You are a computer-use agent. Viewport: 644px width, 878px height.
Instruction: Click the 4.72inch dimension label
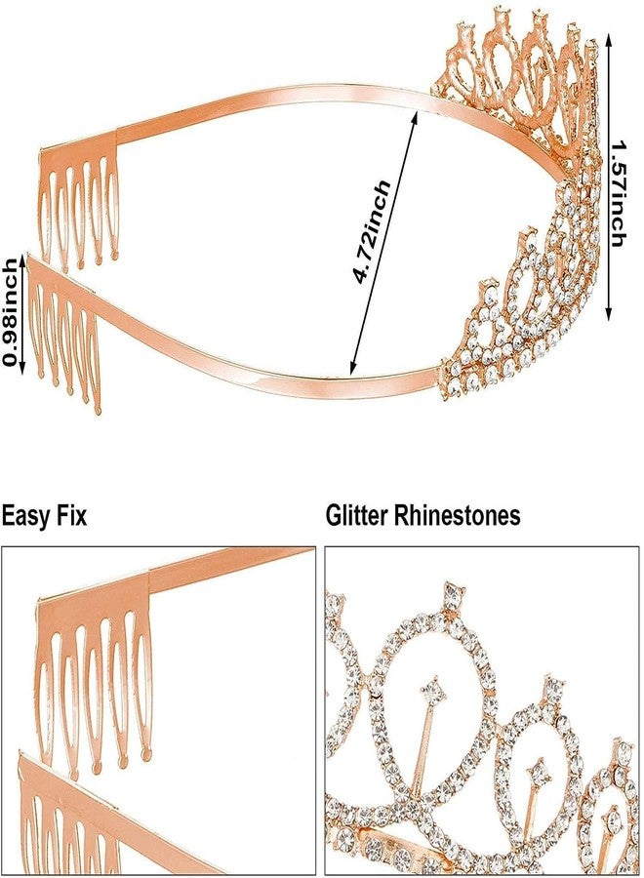372,231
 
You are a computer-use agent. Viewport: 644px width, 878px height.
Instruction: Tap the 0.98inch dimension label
10,312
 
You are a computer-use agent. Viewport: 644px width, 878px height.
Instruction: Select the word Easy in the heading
25,516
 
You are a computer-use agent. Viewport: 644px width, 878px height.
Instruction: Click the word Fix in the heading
71,515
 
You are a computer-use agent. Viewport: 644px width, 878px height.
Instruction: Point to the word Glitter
357,515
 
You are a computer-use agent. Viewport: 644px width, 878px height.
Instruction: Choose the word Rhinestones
458,515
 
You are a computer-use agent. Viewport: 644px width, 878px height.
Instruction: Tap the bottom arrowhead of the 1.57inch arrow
609,315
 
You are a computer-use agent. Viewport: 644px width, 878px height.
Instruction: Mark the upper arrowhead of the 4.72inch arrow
415,116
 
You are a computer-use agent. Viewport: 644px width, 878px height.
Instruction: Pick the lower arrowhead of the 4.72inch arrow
351,368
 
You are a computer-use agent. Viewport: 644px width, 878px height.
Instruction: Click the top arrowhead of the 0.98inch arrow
22,259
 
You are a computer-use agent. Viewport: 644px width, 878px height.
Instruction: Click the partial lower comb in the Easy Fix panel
67,818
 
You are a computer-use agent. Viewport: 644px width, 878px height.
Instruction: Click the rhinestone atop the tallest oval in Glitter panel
453,596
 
